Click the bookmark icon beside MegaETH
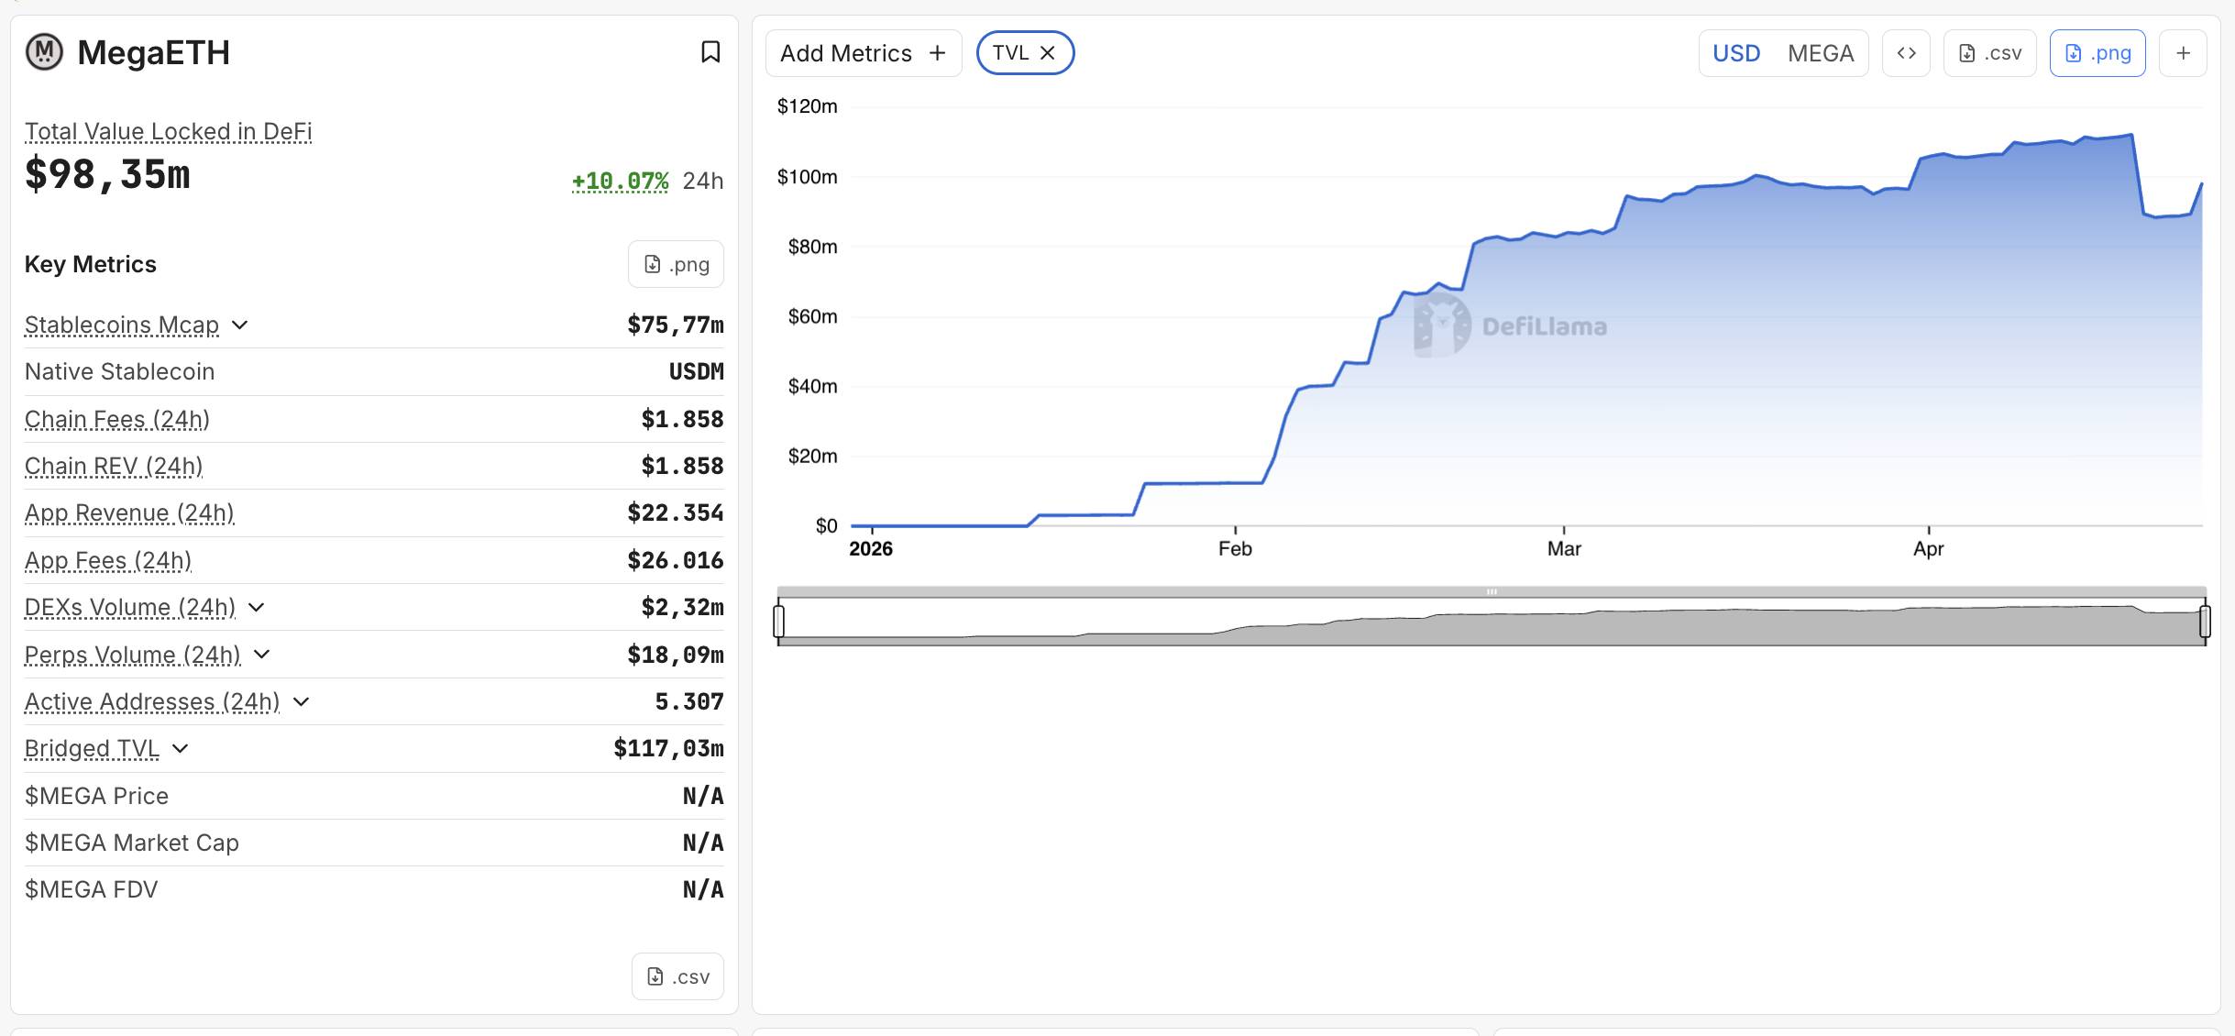[710, 52]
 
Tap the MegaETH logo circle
[44, 52]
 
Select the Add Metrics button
[863, 53]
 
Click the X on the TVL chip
[1048, 53]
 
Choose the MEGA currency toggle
[1820, 53]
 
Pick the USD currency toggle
[1736, 53]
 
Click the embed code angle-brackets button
[1906, 53]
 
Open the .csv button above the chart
[1989, 53]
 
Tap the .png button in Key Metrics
[676, 264]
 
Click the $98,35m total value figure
[107, 174]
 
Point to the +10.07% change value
[621, 181]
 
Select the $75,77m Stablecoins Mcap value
[676, 325]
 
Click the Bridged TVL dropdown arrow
[181, 749]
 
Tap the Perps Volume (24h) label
[132, 655]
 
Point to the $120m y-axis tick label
[807, 106]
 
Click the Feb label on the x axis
[1235, 548]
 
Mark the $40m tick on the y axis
[812, 386]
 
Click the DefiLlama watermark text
[1544, 326]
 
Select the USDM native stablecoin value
[696, 371]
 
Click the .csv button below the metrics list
[677, 976]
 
